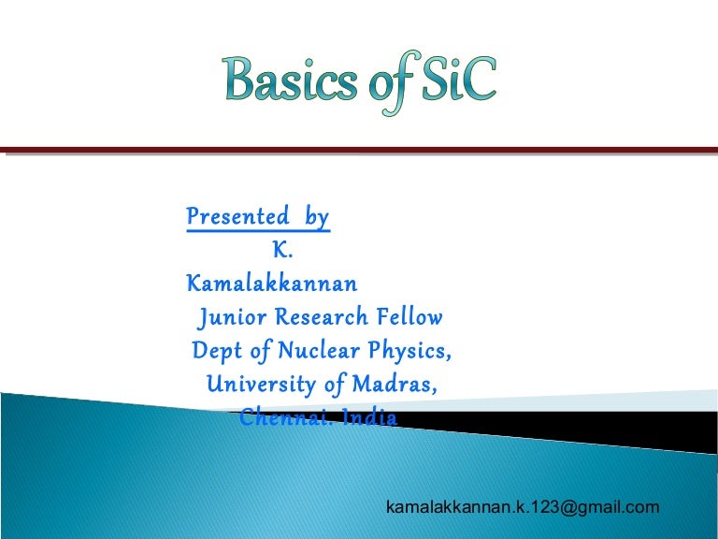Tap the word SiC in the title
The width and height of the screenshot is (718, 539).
455,81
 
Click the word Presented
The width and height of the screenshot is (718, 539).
237,217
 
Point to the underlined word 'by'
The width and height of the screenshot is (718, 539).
317,218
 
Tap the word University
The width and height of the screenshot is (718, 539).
253,385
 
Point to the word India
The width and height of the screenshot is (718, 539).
369,417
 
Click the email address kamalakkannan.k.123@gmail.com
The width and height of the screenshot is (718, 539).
523,506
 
